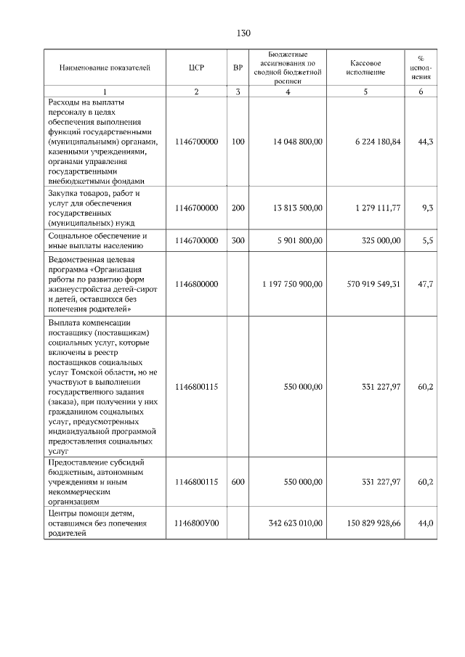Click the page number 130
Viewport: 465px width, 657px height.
pyautogui.click(x=243, y=33)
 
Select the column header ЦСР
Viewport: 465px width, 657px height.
pyautogui.click(x=196, y=68)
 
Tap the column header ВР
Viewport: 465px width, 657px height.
pyautogui.click(x=238, y=68)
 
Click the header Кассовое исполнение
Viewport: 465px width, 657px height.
pyautogui.click(x=365, y=68)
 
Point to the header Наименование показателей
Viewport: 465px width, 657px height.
pyautogui.click(x=105, y=68)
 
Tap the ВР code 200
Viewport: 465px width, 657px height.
pyautogui.click(x=238, y=208)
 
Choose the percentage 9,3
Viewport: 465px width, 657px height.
pyautogui.click(x=428, y=208)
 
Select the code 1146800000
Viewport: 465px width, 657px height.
pyautogui.click(x=196, y=284)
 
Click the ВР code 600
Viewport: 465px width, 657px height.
pyautogui.click(x=238, y=481)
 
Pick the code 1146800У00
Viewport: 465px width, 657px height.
pyautogui.click(x=196, y=522)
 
